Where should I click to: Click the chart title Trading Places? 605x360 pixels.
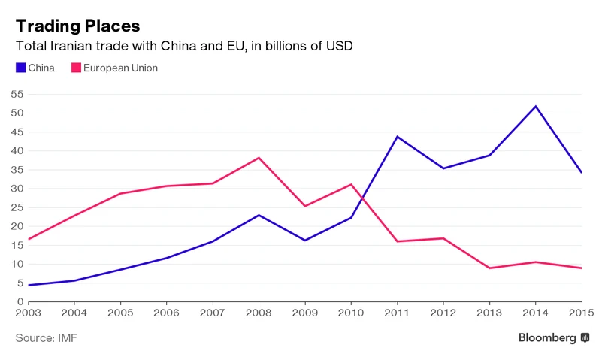(x=77, y=24)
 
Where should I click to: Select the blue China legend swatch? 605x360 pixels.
(x=20, y=68)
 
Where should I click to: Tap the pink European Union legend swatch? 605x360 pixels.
(x=75, y=68)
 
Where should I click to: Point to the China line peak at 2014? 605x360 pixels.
(x=536, y=106)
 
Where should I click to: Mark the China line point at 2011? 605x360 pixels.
(x=396, y=137)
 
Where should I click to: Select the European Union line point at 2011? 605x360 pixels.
(x=396, y=241)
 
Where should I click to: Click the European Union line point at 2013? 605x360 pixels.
(x=489, y=268)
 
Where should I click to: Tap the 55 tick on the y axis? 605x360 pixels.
(x=17, y=94)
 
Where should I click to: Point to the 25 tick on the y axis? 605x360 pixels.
(x=17, y=207)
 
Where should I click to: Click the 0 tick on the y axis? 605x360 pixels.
(x=20, y=301)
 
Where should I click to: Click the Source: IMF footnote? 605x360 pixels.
(x=46, y=338)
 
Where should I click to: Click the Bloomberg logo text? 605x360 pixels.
(x=547, y=338)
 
